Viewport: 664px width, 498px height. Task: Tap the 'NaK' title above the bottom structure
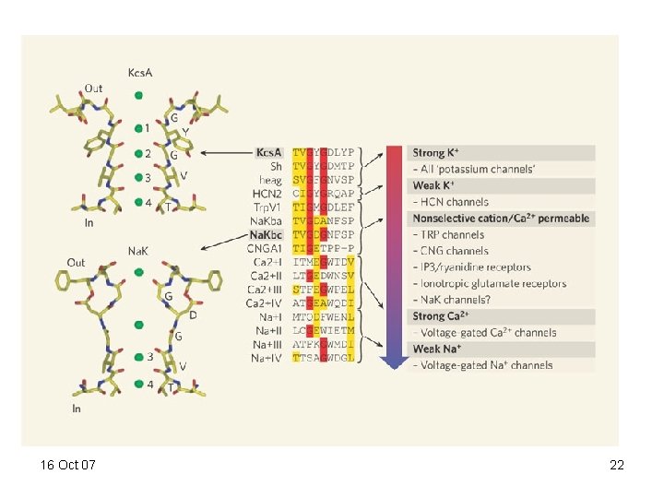tap(138, 251)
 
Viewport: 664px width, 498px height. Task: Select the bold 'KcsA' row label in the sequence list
tap(268, 152)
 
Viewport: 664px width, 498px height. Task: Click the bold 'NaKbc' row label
tap(266, 235)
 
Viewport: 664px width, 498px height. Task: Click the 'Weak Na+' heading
tap(442, 349)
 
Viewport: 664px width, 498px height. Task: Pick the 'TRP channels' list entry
tap(449, 235)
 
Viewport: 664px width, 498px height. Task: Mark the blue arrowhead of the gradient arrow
tap(395, 361)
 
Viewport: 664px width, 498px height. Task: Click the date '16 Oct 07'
tap(68, 466)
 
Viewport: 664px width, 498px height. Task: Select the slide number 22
tap(617, 466)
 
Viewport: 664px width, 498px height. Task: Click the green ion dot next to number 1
tap(139, 128)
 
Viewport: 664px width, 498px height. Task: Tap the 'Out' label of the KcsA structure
tap(93, 89)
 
